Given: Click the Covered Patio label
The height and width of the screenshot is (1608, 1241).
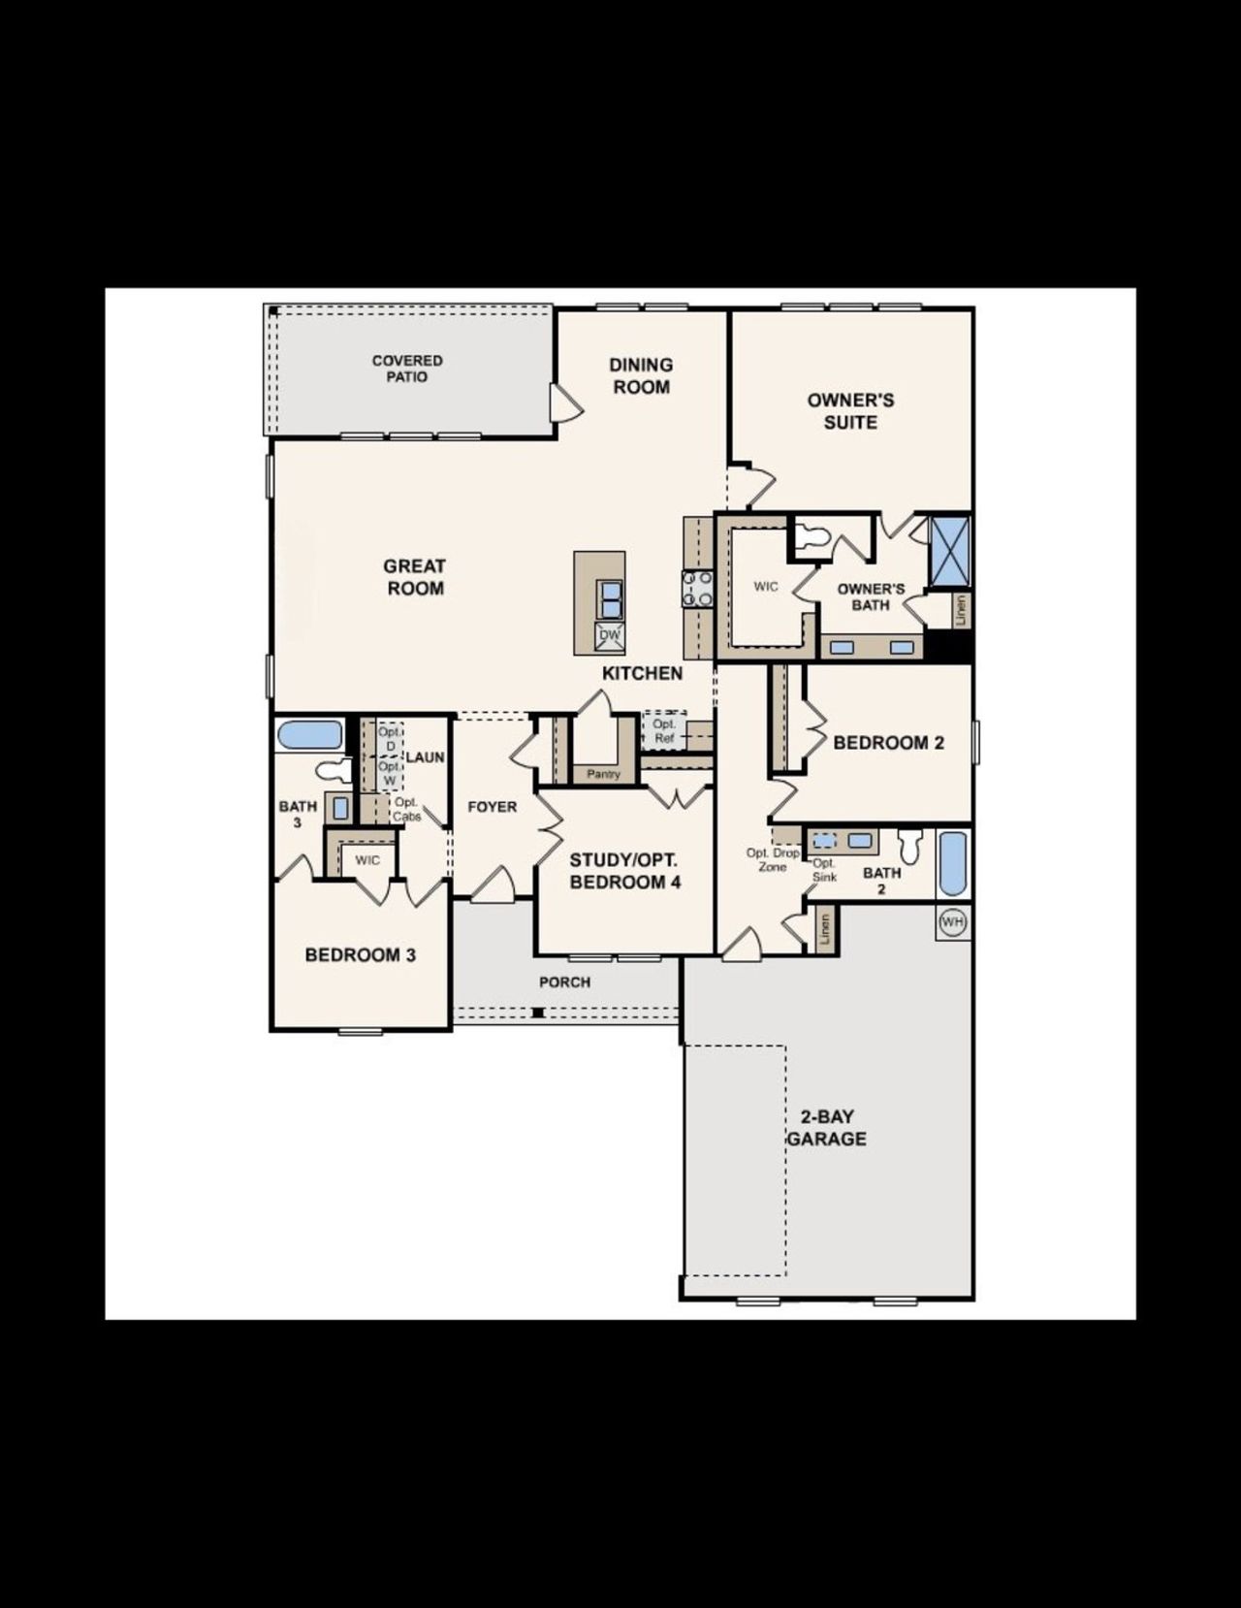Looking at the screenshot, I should [407, 369].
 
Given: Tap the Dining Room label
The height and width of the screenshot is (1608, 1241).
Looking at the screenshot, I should [640, 375].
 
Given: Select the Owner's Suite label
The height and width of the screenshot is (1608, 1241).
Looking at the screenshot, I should [850, 411].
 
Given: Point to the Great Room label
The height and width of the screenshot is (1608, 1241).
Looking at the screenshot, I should [414, 577].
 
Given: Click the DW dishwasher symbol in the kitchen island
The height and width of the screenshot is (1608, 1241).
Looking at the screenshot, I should [609, 636].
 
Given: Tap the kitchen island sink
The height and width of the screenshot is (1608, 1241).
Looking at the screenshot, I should [609, 598].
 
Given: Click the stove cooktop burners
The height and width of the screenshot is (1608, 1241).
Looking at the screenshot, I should [697, 588].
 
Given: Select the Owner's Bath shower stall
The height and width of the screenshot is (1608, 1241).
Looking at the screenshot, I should [949, 551].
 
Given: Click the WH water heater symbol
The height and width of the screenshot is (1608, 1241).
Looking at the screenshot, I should [953, 921].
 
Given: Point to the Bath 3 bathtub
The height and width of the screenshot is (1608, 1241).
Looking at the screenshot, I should [310, 734].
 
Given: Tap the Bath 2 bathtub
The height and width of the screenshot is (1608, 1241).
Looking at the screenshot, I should [953, 863].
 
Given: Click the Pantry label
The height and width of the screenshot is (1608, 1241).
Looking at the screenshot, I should [603, 774].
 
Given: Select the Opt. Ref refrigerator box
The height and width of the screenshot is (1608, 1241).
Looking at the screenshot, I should [664, 731].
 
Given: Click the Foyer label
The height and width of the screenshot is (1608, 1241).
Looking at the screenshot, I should [493, 807].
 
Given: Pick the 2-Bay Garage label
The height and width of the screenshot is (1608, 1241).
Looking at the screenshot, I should [826, 1128].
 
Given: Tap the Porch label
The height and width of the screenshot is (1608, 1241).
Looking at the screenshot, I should [564, 982].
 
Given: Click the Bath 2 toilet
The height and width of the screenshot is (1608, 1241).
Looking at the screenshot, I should [909, 846].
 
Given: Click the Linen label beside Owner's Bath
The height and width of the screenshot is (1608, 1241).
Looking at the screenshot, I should [961, 610].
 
